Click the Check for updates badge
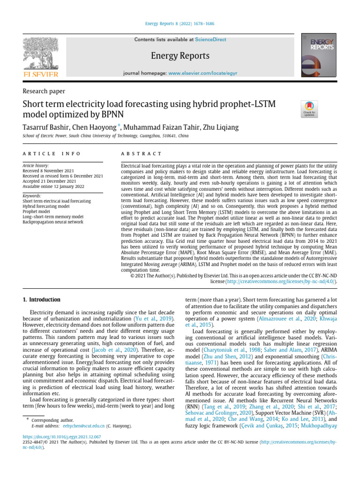point(309,109)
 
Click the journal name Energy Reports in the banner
point(180,56)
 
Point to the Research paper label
point(44,91)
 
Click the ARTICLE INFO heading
point(52,154)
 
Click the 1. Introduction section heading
point(42,299)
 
